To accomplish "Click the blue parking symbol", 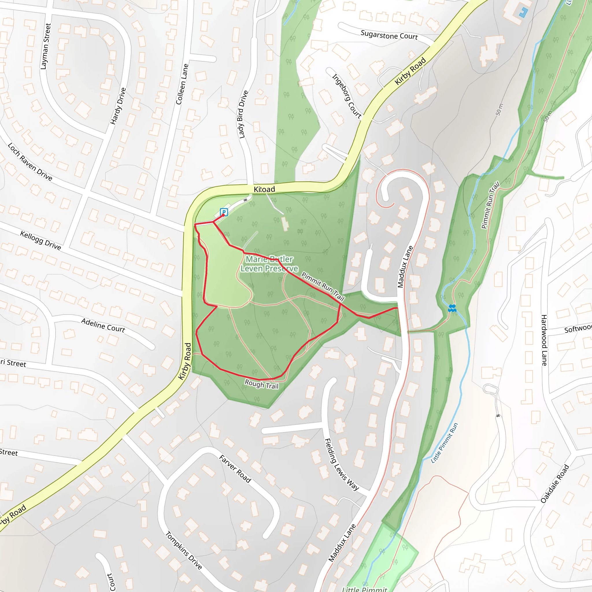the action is click(224, 212).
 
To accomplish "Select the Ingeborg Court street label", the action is click(347, 96).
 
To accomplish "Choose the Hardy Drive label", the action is click(118, 106).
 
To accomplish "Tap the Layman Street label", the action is click(45, 46).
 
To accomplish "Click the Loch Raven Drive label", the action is click(30, 162).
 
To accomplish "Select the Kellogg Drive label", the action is click(40, 240).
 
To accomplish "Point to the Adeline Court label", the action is click(103, 325).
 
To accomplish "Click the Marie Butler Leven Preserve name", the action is click(269, 264).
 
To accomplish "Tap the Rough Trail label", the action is click(261, 384).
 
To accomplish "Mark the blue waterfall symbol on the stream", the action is click(452, 308).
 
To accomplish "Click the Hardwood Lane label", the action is click(544, 340).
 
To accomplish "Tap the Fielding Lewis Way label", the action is click(341, 465).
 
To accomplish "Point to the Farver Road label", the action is click(235, 469).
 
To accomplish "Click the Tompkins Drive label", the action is click(184, 550).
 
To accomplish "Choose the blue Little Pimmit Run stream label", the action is click(444, 443).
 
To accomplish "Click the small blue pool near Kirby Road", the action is click(523, 12).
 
